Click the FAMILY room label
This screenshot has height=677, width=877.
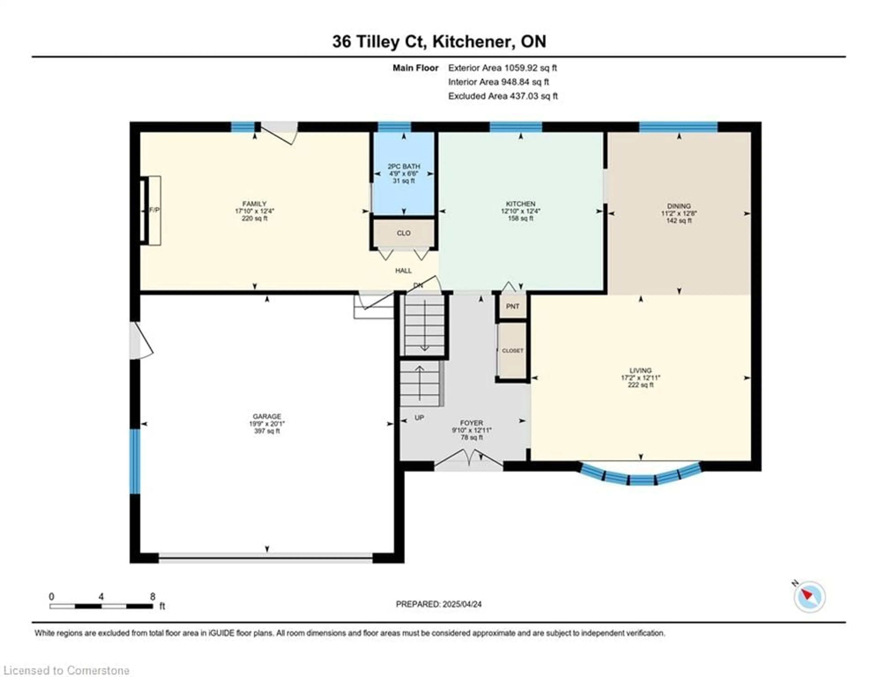coord(254,204)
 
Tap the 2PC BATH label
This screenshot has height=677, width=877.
coord(404,166)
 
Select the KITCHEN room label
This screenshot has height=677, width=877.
coord(520,204)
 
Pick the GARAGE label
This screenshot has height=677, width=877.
coord(267,416)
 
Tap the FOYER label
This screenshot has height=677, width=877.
coord(471,423)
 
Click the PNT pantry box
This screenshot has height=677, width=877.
coord(512,306)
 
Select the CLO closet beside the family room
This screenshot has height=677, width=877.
coord(404,233)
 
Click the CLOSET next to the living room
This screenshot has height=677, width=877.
coord(512,351)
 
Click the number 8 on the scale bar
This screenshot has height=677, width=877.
coord(153,597)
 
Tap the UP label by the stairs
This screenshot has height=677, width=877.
coord(419,418)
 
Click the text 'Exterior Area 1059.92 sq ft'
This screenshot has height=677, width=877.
coord(502,68)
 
